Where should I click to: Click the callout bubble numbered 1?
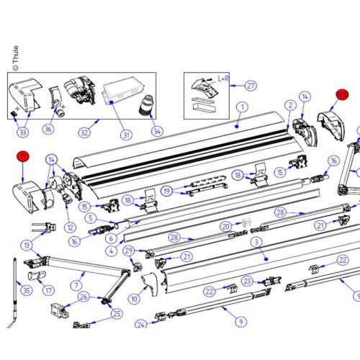tap(242, 107)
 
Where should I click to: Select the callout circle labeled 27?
tap(250, 86)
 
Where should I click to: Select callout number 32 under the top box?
tap(86, 132)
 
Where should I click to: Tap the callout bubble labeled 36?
tap(49, 130)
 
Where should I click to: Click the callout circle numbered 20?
tap(226, 225)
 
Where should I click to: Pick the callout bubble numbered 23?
tap(247, 282)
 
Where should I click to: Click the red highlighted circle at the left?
tap(23, 156)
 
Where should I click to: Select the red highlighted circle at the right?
tap(342, 94)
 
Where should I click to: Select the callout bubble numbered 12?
tap(70, 228)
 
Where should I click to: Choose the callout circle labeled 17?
tap(48, 291)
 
